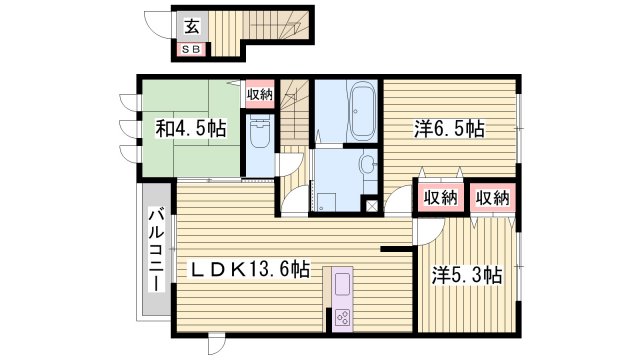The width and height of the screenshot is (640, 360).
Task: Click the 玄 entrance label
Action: [x=191, y=28]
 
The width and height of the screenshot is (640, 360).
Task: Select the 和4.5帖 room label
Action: [x=190, y=128]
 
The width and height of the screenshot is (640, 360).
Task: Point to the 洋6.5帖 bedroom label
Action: [x=450, y=128]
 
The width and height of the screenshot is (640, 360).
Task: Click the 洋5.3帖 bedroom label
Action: [x=466, y=275]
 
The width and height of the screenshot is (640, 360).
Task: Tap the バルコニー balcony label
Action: [x=156, y=250]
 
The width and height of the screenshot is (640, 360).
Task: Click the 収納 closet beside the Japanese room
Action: [x=259, y=95]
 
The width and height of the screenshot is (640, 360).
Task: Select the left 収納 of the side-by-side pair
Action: [x=440, y=197]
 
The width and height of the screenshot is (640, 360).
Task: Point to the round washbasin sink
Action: [x=366, y=164]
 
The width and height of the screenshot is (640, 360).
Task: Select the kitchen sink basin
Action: [x=339, y=284]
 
